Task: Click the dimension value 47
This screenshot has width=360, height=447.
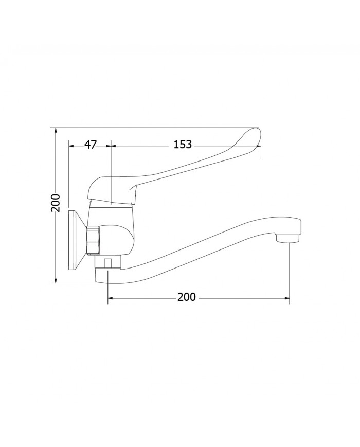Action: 91,145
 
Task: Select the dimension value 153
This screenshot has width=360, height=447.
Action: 182,145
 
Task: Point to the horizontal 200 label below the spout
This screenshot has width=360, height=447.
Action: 187,297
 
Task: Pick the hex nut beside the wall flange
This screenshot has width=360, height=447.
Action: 93,240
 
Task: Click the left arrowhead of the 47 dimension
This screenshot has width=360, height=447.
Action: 71,145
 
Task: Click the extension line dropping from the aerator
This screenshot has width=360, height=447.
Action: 290,273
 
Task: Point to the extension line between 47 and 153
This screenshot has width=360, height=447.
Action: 111,170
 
